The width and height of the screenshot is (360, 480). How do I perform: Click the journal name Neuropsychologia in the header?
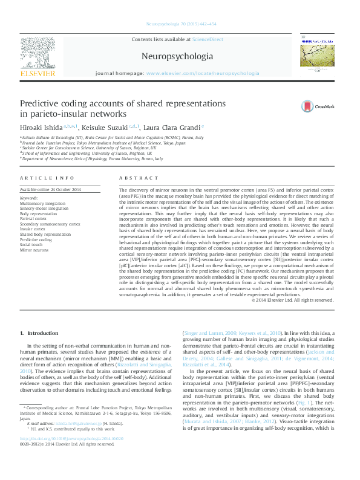click(x=177, y=57)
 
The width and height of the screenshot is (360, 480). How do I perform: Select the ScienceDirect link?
click(x=208, y=39)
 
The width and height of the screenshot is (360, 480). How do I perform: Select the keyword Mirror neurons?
click(x=34, y=249)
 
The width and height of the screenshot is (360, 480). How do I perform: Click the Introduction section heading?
click(x=42, y=333)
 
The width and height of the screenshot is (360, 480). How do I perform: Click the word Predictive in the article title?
click(x=43, y=104)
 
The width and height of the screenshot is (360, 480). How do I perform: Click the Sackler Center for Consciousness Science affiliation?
click(x=88, y=148)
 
